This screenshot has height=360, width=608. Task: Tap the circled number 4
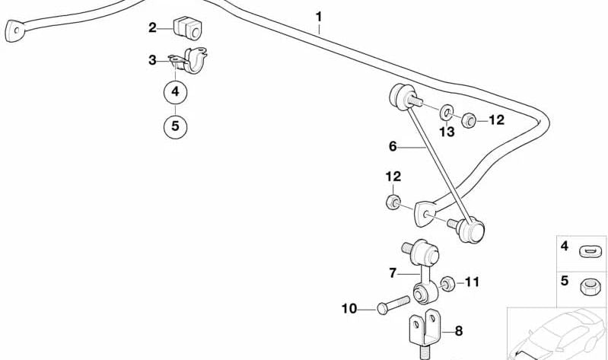tap(175, 92)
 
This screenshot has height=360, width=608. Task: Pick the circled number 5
tap(175, 126)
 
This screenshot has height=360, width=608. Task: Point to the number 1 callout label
tap(319, 15)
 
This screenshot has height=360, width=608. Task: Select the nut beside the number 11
tap(449, 282)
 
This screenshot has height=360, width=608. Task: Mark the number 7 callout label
tap(393, 272)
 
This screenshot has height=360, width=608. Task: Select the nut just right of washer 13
tap(470, 119)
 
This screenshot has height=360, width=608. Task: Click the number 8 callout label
tap(458, 331)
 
